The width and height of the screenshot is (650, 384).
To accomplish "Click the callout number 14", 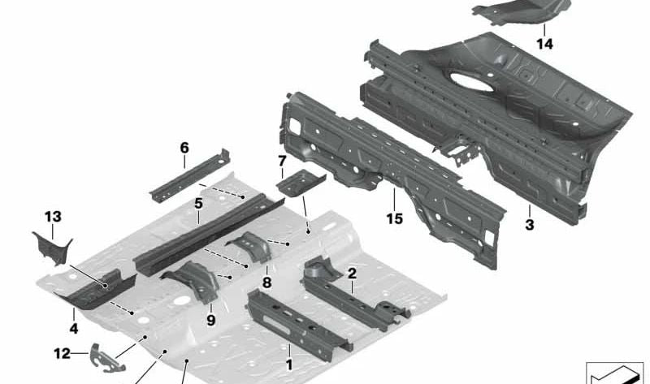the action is [x=544, y=44].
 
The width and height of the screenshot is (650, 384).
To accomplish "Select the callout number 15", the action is [x=394, y=218].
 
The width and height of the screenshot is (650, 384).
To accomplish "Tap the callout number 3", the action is [x=530, y=225].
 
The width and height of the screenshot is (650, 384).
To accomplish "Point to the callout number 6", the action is [x=184, y=148].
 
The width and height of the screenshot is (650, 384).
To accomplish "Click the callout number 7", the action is [x=282, y=160].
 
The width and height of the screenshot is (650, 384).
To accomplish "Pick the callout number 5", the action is [x=198, y=204].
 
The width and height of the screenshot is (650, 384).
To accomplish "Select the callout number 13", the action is [x=53, y=216].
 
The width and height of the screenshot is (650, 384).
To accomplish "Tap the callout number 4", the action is [x=74, y=329].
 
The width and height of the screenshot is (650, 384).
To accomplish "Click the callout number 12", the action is [x=63, y=353].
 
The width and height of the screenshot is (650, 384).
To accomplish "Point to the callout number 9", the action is [x=211, y=320].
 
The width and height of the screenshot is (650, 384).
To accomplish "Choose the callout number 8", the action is [x=267, y=283].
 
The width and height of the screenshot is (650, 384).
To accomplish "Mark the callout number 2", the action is [x=352, y=273].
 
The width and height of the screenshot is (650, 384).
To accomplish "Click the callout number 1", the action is [x=289, y=365].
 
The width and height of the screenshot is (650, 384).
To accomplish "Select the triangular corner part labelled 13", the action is [x=53, y=248].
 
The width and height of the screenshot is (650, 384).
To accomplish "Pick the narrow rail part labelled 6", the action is [x=190, y=175].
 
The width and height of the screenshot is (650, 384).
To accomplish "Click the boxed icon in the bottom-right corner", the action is [x=615, y=373].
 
